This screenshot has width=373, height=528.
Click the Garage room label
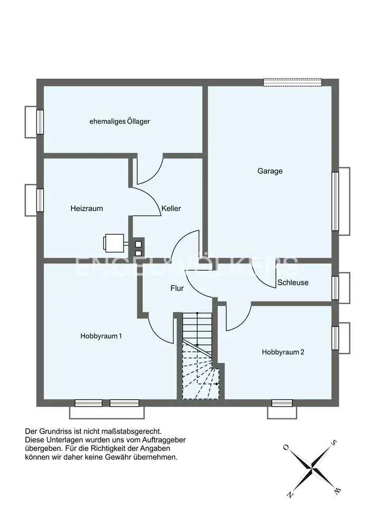click(x=270, y=171)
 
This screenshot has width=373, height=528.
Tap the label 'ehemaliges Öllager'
click(x=120, y=121)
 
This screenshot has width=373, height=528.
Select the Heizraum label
click(x=87, y=209)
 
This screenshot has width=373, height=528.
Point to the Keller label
click(x=171, y=209)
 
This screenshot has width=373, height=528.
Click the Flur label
click(x=177, y=288)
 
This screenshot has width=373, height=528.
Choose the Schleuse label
click(x=293, y=282)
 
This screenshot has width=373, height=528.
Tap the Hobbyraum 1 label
click(x=101, y=336)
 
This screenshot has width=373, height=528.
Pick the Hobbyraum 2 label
click(x=283, y=352)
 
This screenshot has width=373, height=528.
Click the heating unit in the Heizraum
click(x=114, y=243)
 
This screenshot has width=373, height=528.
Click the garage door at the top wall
click(x=293, y=82)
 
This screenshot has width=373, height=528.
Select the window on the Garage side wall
click(x=335, y=201)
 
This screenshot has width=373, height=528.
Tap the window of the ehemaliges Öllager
click(x=40, y=122)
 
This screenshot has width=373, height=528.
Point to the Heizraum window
click(x=40, y=200)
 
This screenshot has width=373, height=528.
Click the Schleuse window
click(x=335, y=288)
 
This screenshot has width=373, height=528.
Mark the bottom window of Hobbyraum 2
click(x=282, y=403)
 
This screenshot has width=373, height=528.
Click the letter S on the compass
click(x=334, y=442)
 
